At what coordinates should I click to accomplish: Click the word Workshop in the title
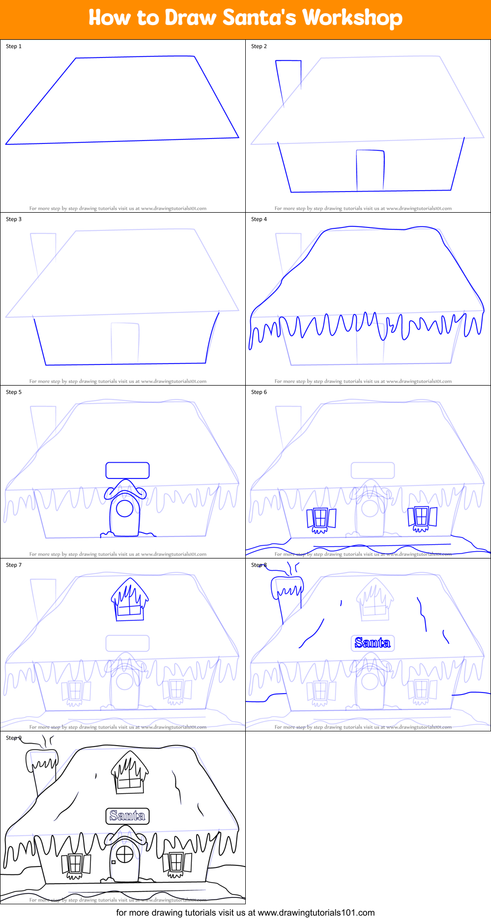(352, 18)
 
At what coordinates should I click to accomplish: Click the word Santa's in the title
(259, 18)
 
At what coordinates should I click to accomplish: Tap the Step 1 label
(14, 46)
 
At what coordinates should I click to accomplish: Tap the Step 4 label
(259, 219)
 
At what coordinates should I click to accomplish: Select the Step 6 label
(259, 392)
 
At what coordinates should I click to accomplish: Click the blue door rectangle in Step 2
(370, 170)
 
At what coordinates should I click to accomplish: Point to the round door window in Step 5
(124, 508)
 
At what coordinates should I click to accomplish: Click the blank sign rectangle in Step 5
(127, 470)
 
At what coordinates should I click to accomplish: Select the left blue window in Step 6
(321, 519)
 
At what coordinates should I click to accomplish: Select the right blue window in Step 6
(422, 517)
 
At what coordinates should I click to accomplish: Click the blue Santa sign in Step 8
(373, 642)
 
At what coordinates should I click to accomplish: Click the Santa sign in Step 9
(127, 816)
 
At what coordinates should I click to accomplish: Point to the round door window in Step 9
(124, 855)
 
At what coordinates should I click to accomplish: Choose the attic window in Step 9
(129, 774)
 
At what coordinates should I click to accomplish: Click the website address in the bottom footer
(316, 913)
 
